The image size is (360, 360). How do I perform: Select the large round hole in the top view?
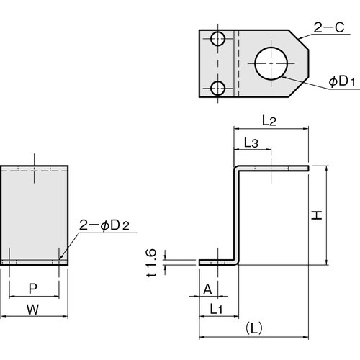click(x=271, y=63)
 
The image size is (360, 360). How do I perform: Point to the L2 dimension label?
click(x=269, y=121)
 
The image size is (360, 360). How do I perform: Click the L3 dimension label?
click(x=251, y=143)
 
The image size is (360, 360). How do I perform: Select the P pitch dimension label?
click(x=33, y=289)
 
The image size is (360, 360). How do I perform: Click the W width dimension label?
click(x=34, y=309)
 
